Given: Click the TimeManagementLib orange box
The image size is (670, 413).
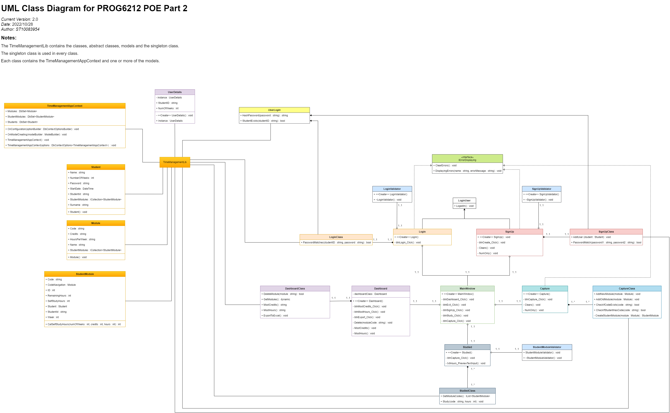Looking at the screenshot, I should pos(175,162).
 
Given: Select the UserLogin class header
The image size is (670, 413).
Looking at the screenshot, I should pos(274,110).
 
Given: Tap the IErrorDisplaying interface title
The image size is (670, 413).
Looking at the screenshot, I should pos(467,159).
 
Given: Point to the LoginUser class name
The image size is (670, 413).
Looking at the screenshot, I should pos(464,201).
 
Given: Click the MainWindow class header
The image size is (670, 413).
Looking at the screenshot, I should pos(467,288).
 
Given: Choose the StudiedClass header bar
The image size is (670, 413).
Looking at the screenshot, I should pos(467,391).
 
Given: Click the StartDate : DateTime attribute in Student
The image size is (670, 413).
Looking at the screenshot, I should pos(81,189).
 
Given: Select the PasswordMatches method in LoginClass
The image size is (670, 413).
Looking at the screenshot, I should pos(337,243).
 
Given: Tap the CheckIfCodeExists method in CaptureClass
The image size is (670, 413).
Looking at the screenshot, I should pos(617,305).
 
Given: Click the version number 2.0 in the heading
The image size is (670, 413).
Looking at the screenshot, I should pos(35,19).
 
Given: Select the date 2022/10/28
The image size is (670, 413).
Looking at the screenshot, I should pos(22,24).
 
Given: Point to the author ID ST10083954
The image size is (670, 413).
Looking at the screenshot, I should pos(27,29).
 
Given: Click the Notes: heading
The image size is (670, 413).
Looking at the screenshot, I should pos(9,38).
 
